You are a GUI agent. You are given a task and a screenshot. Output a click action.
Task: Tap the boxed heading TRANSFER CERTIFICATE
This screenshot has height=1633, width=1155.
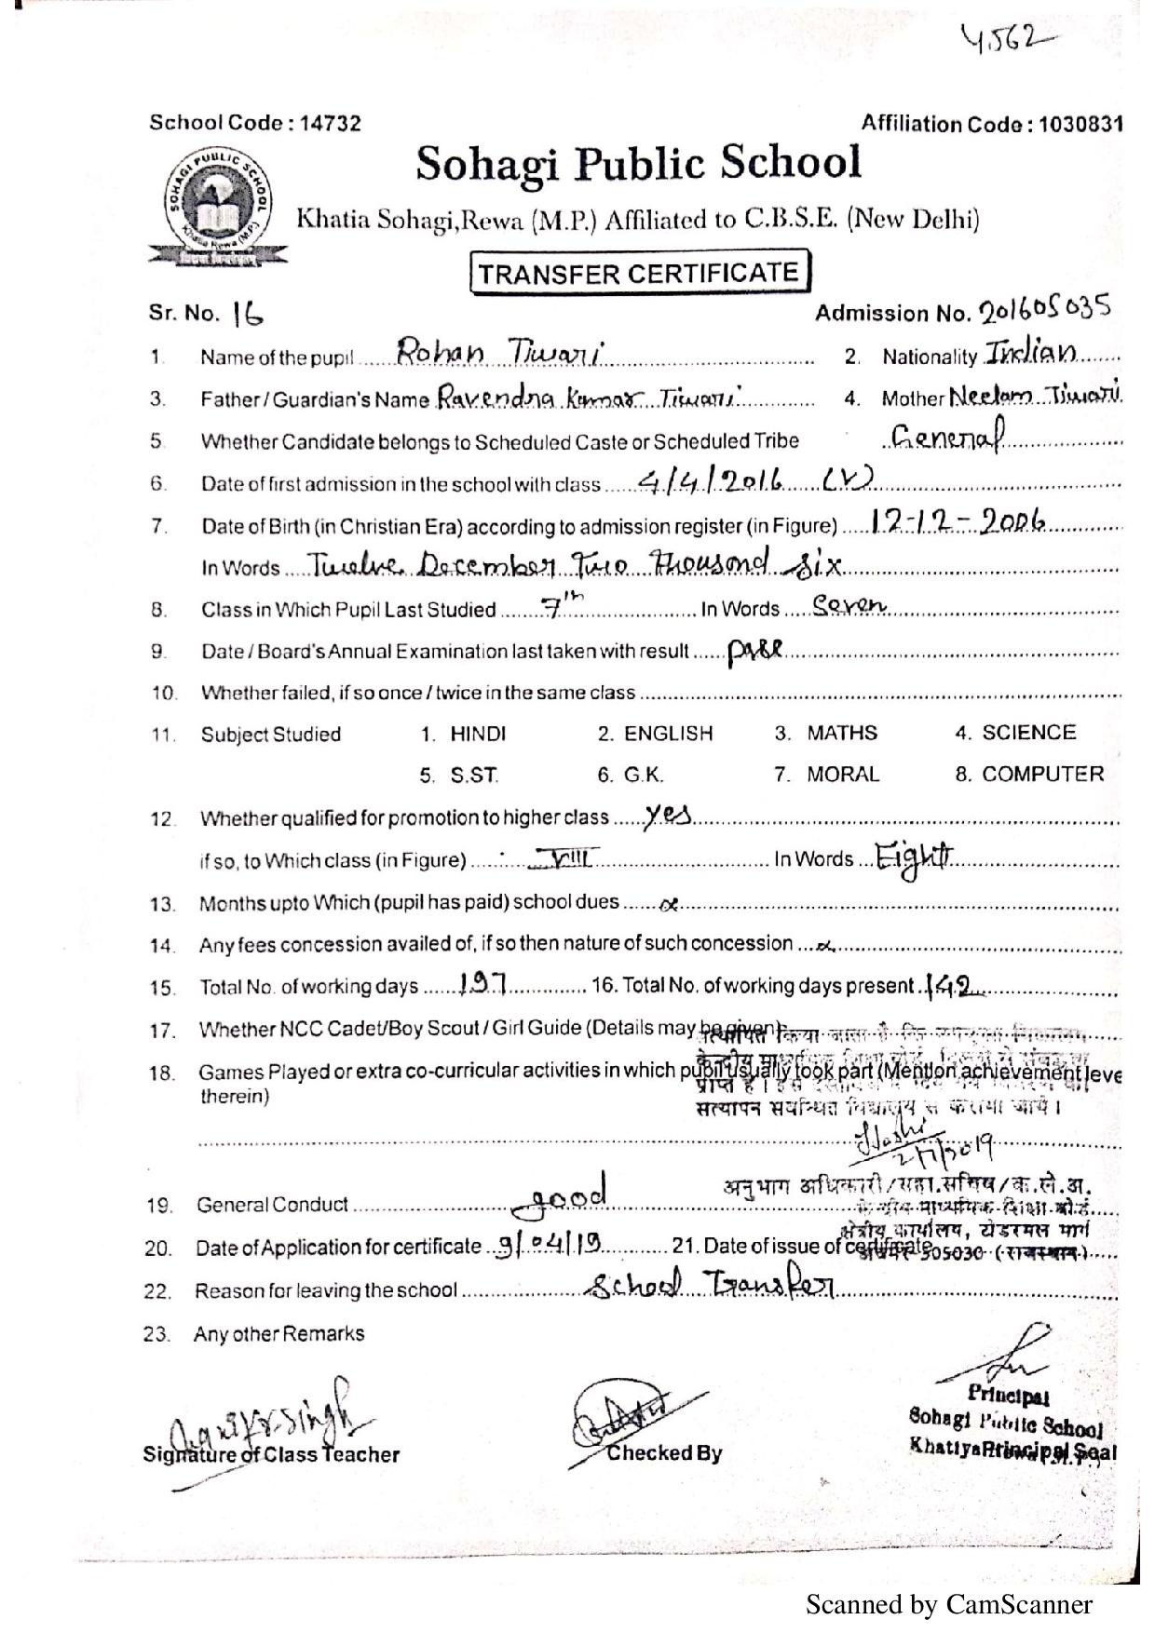click(639, 273)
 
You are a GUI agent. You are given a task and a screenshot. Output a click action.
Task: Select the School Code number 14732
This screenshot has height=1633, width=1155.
click(331, 123)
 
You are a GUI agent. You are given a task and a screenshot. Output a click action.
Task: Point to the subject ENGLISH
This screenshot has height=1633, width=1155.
click(667, 734)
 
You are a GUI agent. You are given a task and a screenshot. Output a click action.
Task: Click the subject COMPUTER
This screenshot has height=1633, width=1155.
click(1042, 775)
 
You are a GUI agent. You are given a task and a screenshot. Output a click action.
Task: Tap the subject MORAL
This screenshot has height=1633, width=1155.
click(842, 775)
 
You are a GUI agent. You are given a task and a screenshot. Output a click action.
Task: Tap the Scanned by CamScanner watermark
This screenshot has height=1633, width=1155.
click(948, 1604)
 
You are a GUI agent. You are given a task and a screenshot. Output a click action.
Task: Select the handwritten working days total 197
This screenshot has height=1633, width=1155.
click(482, 983)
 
